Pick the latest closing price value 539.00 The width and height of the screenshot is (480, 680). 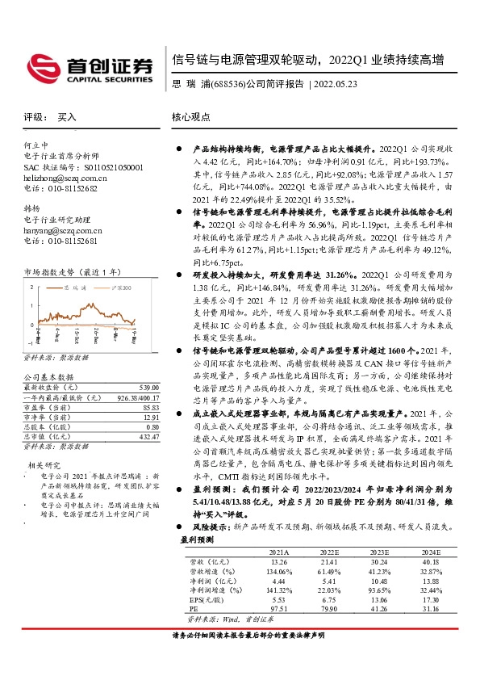tap(141, 388)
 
